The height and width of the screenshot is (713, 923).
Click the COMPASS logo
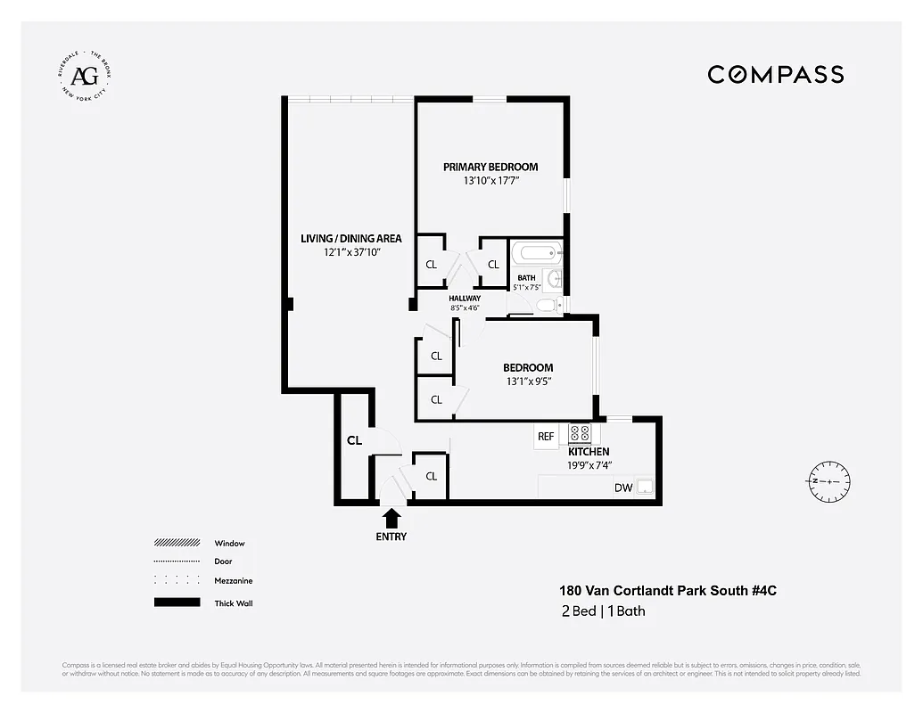click(775, 75)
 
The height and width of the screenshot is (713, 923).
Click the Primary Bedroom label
click(490, 167)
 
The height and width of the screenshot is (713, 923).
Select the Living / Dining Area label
click(350, 238)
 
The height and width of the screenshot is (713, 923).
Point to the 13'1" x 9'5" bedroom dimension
click(527, 381)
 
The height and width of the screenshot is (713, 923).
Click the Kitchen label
click(589, 452)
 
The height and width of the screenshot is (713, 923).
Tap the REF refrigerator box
click(545, 437)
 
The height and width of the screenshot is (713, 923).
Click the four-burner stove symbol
click(580, 434)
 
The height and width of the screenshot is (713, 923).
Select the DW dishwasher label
click(622, 488)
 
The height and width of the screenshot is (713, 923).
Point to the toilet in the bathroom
click(548, 306)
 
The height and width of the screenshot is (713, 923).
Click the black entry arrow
click(391, 518)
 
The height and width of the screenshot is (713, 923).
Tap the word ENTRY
click(391, 537)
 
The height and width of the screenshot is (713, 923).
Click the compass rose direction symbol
click(829, 480)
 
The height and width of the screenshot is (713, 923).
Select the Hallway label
click(465, 299)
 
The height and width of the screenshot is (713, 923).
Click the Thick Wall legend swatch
click(177, 602)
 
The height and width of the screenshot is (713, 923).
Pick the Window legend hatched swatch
click(177, 543)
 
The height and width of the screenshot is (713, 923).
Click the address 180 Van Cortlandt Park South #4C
click(661, 590)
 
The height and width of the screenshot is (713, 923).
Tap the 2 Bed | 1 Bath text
click(602, 611)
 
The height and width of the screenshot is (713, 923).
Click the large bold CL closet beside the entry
click(354, 440)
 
